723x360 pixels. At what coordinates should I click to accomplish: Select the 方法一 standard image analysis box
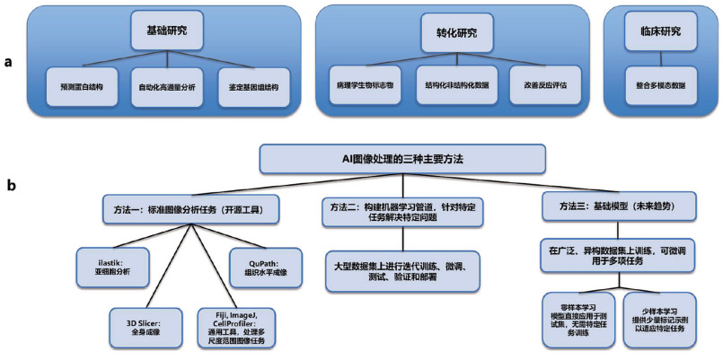tap(191, 209)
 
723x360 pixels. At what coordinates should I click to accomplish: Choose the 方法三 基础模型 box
tap(621, 209)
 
